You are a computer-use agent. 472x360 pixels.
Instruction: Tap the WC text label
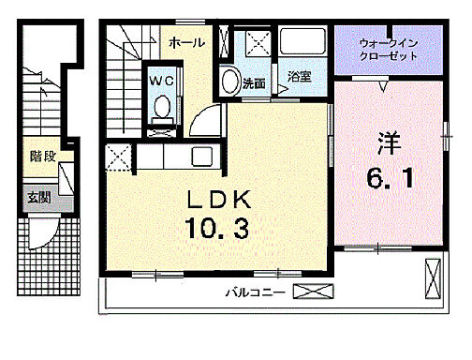[160, 81]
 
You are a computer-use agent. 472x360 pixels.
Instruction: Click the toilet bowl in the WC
[160, 110]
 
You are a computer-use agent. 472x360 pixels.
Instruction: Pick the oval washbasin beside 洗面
[228, 82]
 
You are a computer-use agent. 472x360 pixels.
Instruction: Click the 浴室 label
[300, 76]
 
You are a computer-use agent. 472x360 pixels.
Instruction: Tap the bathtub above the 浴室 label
[302, 45]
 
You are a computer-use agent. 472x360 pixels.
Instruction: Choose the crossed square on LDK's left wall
[118, 158]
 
